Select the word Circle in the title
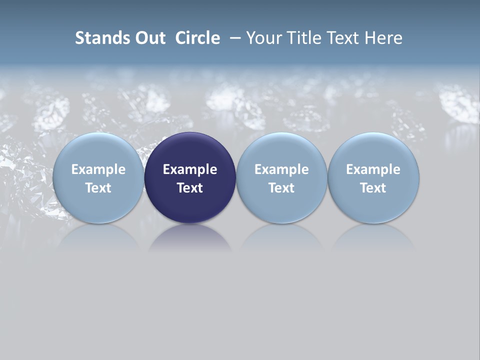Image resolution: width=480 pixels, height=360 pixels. (197, 38)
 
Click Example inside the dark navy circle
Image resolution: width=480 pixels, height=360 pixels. (190, 169)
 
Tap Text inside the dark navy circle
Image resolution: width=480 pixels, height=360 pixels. (190, 188)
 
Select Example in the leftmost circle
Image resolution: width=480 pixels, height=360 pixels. (98, 169)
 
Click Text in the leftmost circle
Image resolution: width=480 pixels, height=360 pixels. (98, 188)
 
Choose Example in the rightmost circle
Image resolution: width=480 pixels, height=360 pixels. (373, 169)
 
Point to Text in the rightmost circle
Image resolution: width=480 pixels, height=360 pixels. (373, 188)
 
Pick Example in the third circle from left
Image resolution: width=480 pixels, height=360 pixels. (281, 169)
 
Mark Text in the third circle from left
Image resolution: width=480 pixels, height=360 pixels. (281, 188)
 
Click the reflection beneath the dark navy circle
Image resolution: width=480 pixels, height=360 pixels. (190, 237)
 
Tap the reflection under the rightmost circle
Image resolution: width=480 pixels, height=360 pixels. (373, 237)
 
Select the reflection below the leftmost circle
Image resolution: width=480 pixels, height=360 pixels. (98, 237)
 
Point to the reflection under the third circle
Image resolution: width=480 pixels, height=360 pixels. (281, 237)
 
